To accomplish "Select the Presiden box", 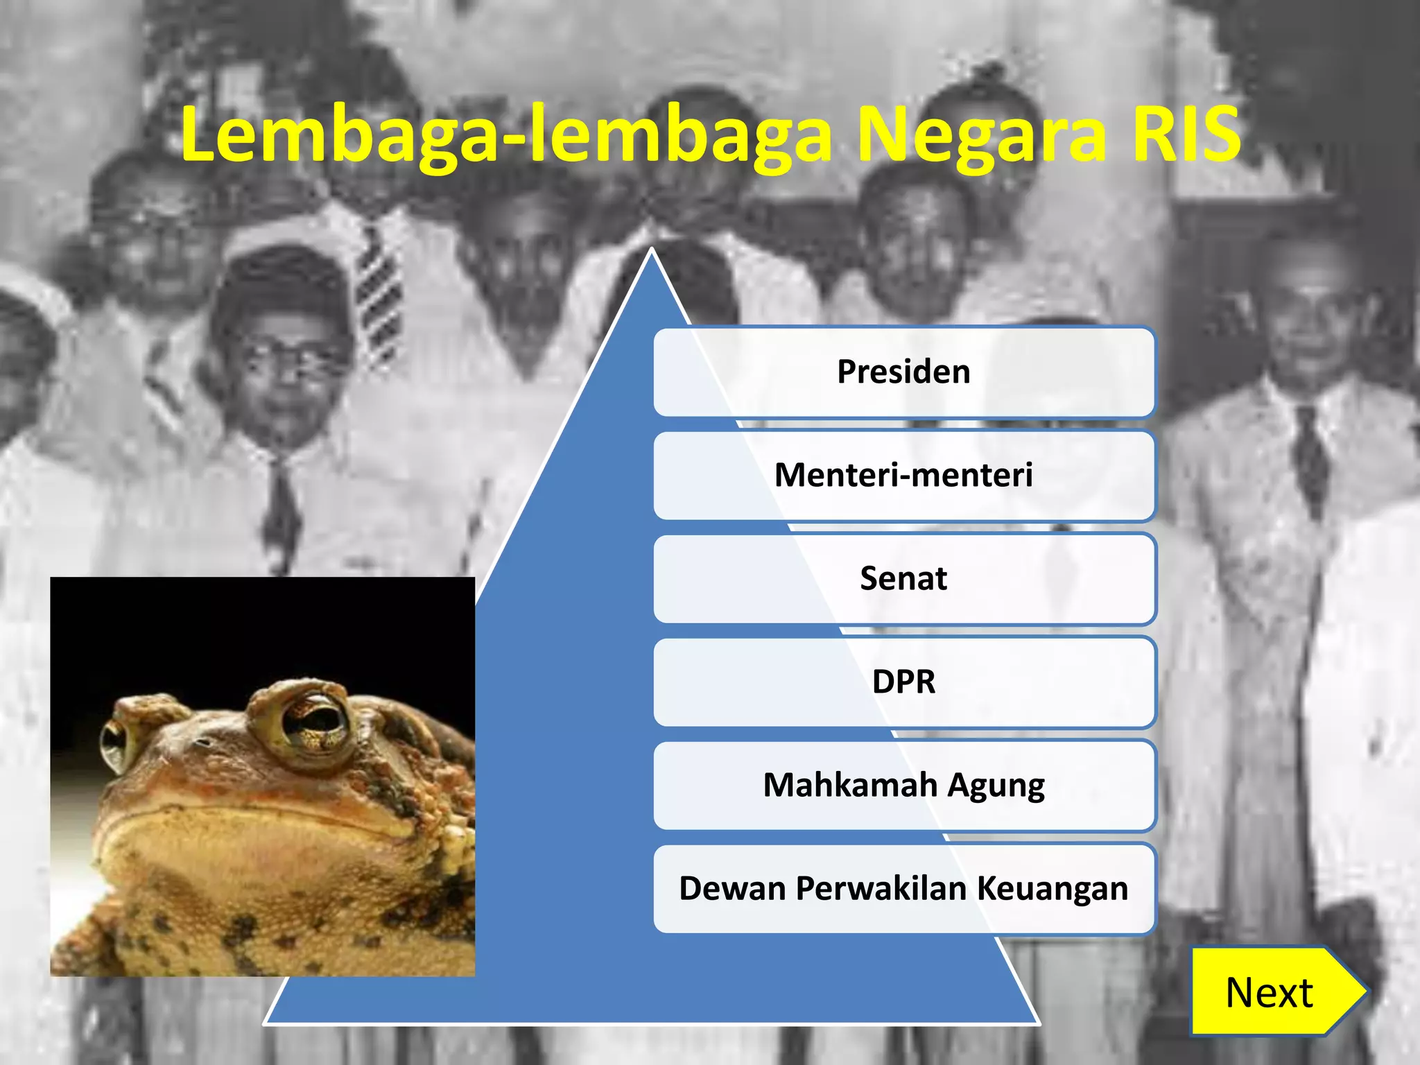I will (903, 372).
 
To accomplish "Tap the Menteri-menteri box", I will (903, 475).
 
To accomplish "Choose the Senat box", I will (903, 578).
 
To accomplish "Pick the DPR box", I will (903, 682).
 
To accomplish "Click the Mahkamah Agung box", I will (903, 785).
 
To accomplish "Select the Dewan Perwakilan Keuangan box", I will (903, 888).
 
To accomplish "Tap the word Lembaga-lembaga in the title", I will (506, 135).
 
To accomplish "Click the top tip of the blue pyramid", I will (651, 253).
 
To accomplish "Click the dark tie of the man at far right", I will (1310, 458).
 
